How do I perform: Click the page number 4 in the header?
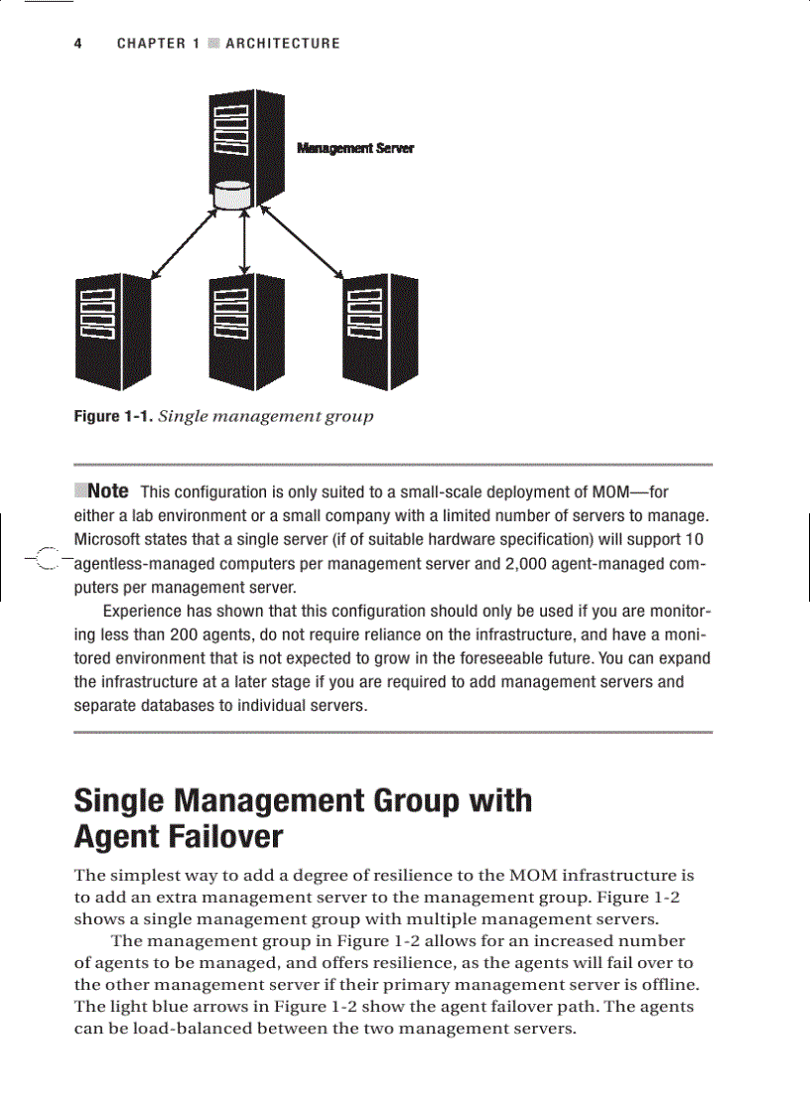78,44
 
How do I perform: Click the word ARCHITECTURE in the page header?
282,44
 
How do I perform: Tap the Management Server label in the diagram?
355,148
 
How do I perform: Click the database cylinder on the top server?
231,195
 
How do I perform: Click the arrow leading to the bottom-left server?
182,243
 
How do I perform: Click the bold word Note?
107,491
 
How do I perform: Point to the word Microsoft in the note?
109,540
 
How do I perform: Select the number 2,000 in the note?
527,564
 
